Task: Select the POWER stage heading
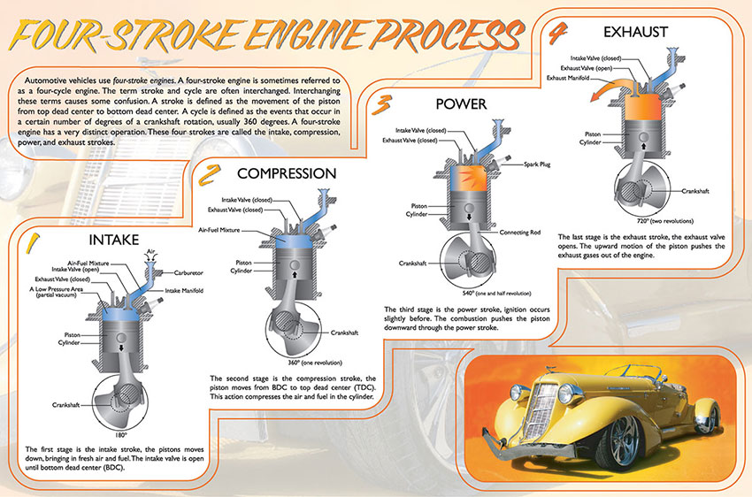tap(462, 104)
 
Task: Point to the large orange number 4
tap(558, 34)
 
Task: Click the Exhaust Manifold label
tap(572, 78)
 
